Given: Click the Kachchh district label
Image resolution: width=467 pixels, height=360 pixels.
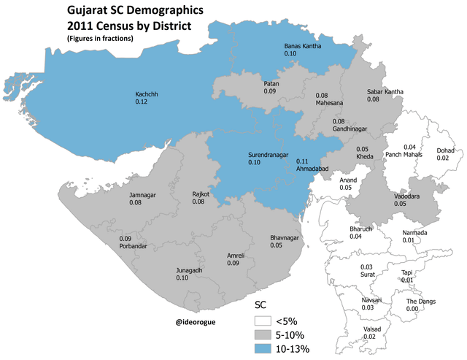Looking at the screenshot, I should (148, 94).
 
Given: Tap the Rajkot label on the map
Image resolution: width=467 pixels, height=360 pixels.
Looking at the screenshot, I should (200, 194).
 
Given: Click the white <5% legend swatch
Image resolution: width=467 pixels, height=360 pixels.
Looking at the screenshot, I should (263, 321).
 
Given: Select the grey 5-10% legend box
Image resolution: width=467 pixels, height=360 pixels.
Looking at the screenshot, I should (263, 334).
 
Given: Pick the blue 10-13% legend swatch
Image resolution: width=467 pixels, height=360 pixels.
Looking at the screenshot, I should (263, 348).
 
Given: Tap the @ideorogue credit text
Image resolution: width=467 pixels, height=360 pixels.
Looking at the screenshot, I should (198, 321).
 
